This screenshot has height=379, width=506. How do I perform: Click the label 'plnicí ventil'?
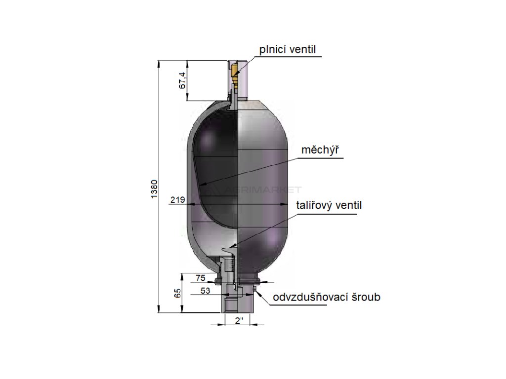coord(288,49)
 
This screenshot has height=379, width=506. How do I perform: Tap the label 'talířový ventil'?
coord(329,205)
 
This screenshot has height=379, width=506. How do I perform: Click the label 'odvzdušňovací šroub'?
coord(326,298)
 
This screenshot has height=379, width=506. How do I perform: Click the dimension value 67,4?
coord(182,80)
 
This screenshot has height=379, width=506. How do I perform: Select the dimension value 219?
coord(176,200)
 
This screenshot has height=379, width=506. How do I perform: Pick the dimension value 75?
coord(200,278)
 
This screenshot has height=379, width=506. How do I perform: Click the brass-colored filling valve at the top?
coord(235,74)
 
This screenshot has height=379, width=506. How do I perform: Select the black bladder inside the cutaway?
coord(215,163)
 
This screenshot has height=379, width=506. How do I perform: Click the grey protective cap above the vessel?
coord(245,79)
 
